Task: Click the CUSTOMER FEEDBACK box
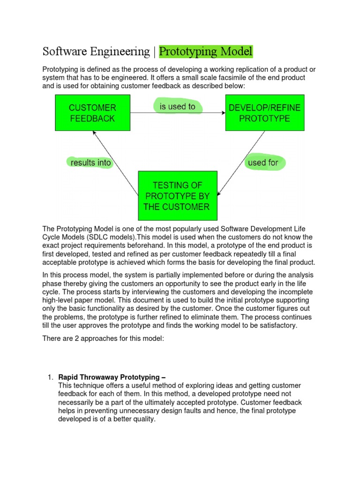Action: [x=92, y=113]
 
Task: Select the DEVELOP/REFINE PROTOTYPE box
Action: [x=265, y=113]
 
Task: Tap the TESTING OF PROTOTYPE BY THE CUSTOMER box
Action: [x=178, y=195]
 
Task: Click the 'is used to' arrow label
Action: [x=178, y=107]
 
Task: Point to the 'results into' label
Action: [x=91, y=163]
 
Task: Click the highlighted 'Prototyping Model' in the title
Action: [x=206, y=51]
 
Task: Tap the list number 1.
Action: [x=50, y=377]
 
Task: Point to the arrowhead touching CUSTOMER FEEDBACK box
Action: [x=95, y=132]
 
